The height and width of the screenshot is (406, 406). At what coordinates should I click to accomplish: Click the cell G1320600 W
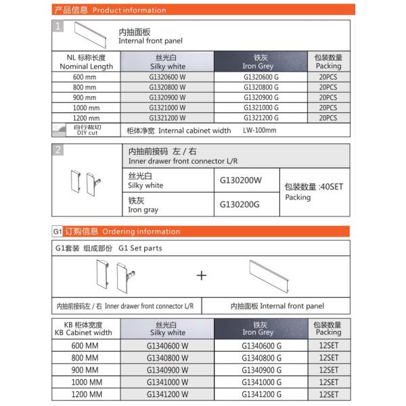(168, 77)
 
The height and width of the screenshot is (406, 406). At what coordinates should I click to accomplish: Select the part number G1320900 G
(261, 97)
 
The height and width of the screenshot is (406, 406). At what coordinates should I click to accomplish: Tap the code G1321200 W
(168, 118)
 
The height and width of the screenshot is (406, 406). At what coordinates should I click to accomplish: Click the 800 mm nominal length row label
(86, 87)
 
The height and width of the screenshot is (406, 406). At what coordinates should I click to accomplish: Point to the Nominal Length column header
(86, 62)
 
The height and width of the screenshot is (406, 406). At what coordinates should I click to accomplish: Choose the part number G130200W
(240, 181)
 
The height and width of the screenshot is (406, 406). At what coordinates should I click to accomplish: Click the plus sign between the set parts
(202, 275)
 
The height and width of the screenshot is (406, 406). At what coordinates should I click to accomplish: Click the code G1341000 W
(167, 382)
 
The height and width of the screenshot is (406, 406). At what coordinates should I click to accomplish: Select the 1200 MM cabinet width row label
(86, 394)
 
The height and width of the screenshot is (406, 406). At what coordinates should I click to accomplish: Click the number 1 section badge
(60, 26)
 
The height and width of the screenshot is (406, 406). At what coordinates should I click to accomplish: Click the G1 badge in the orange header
(58, 231)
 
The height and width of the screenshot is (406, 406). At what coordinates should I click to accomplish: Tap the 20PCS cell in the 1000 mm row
(328, 108)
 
